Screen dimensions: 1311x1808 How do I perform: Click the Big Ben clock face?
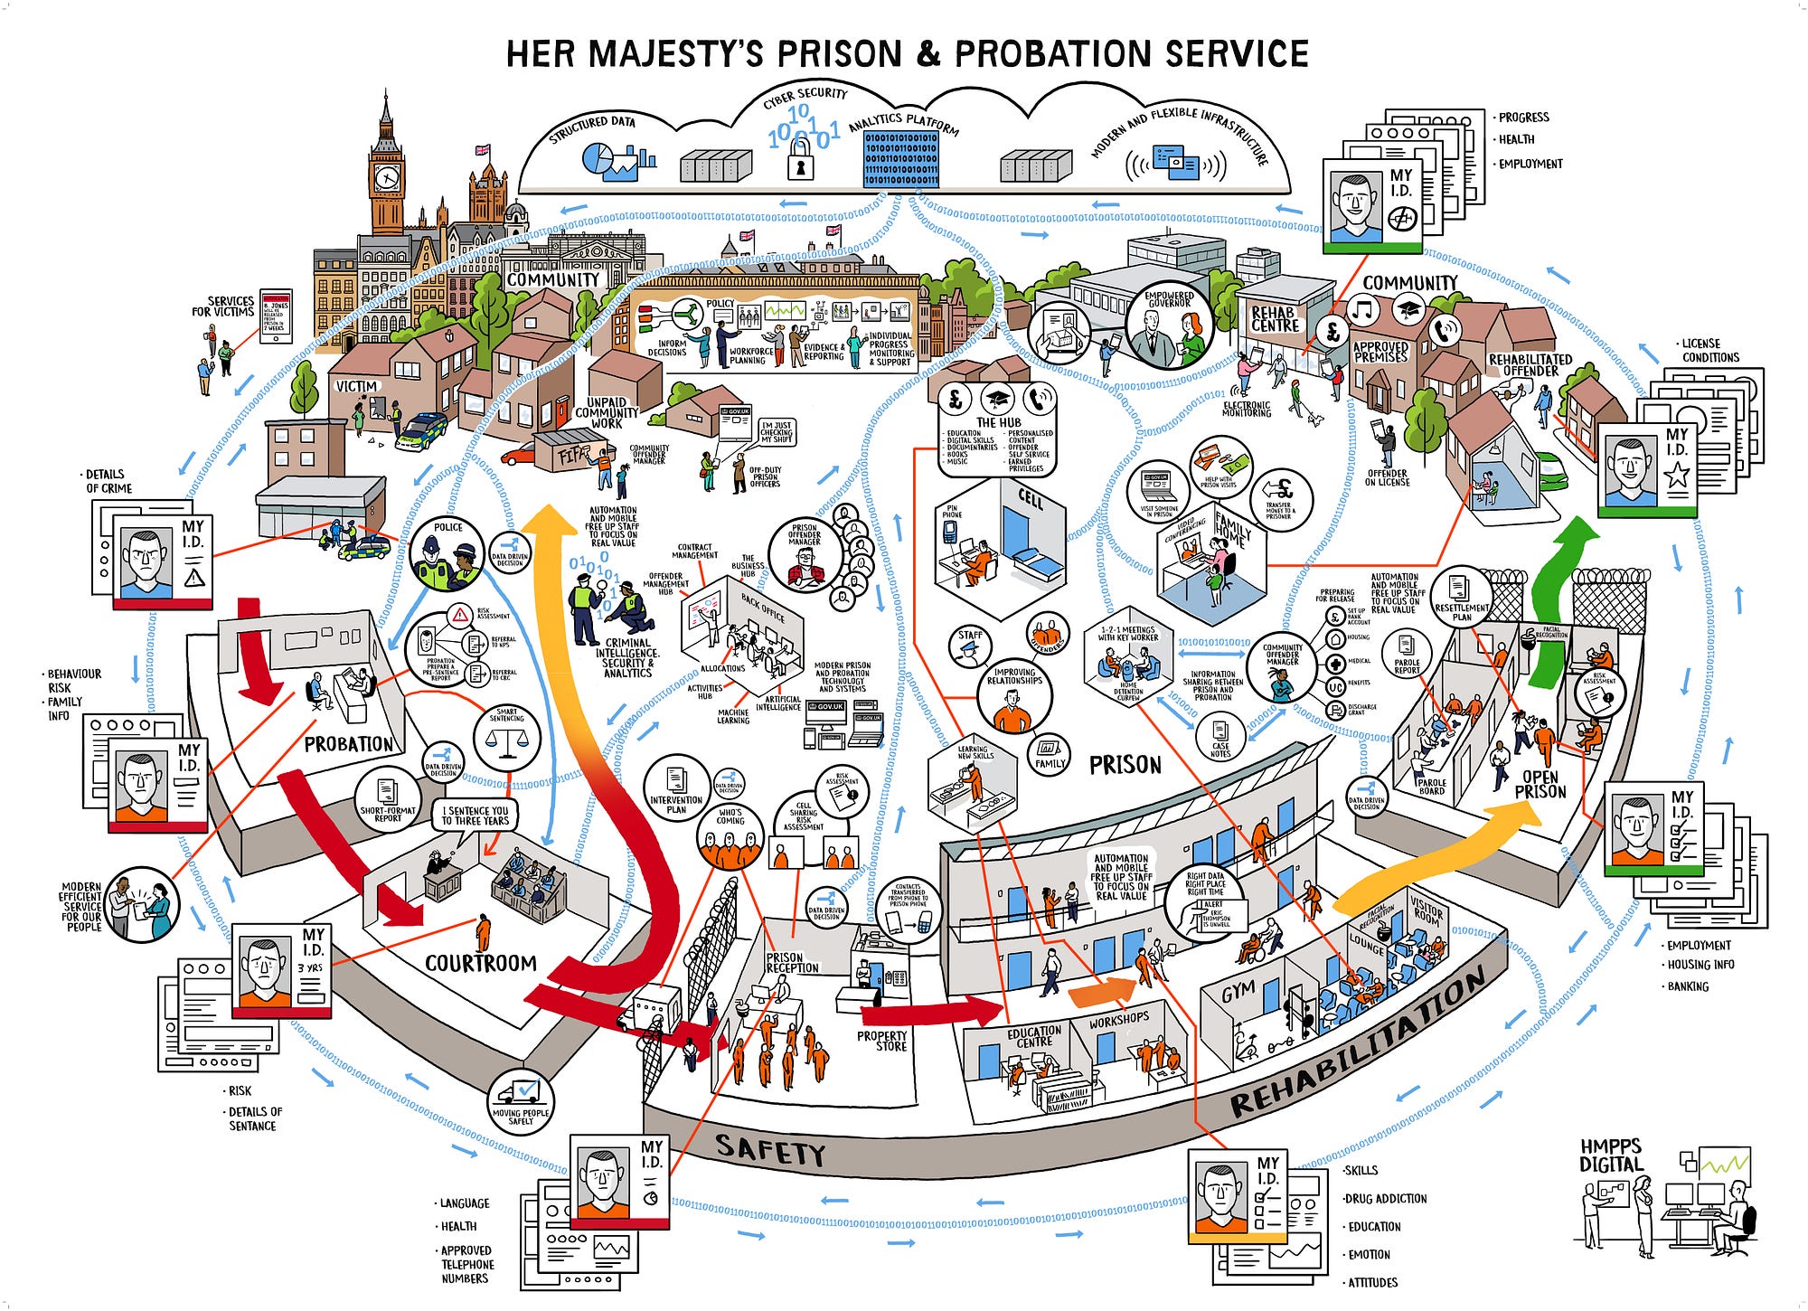pyautogui.click(x=386, y=175)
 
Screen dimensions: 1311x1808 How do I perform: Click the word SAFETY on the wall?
pyautogui.click(x=769, y=1150)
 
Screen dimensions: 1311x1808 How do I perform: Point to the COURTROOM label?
pyautogui.click(x=481, y=963)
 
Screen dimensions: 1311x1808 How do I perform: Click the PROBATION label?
pyautogui.click(x=348, y=744)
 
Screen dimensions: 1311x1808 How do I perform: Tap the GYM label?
pyautogui.click(x=1238, y=993)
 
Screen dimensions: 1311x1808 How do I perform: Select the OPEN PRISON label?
pyautogui.click(x=1540, y=784)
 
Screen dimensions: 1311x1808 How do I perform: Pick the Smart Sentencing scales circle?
pyautogui.click(x=506, y=737)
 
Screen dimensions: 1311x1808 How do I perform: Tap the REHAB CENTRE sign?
pyautogui.click(x=1275, y=318)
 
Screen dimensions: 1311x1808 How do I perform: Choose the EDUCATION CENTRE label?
pyautogui.click(x=1034, y=1036)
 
